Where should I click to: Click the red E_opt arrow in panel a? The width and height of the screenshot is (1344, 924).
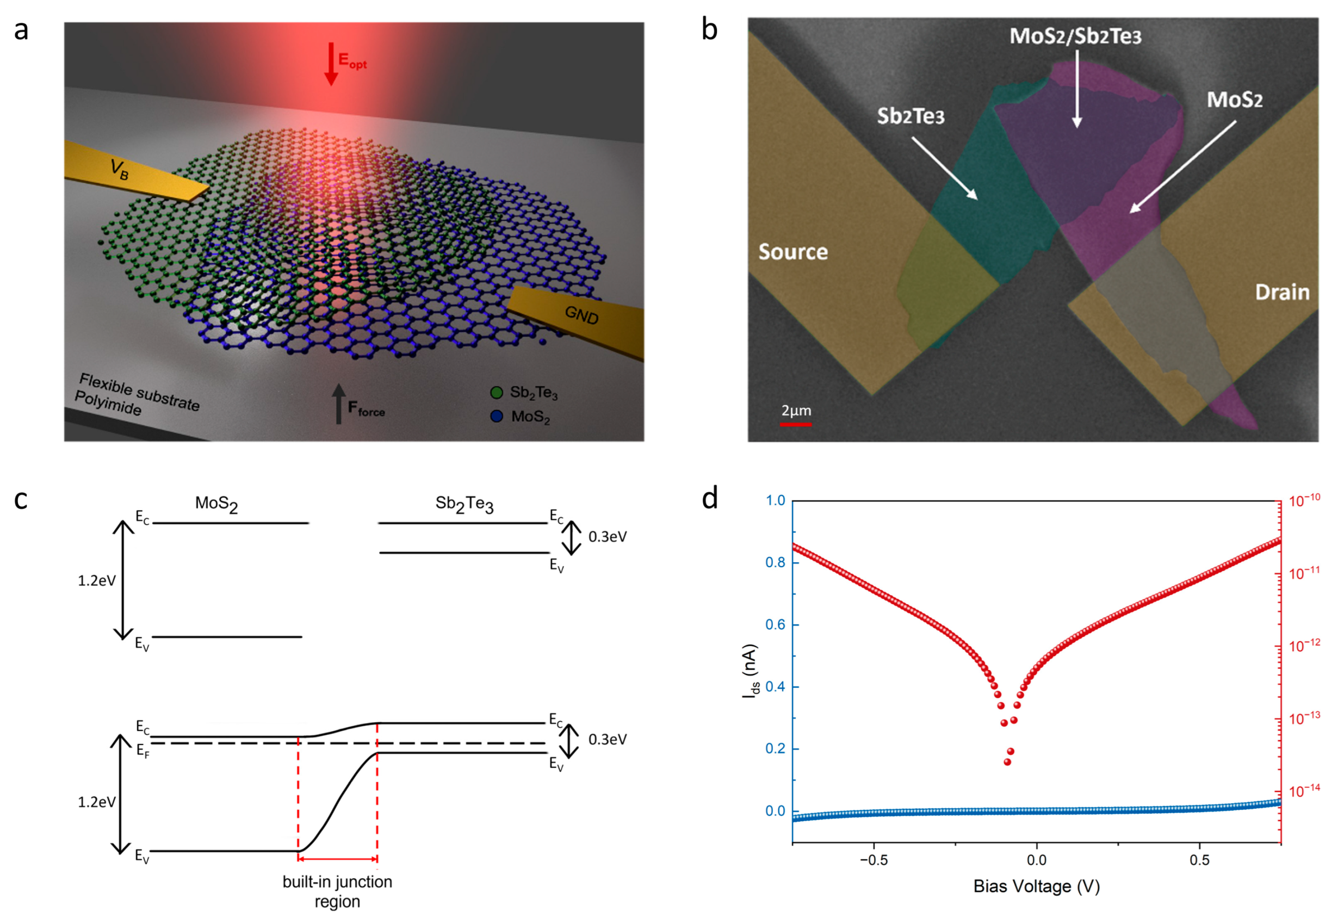pos(331,64)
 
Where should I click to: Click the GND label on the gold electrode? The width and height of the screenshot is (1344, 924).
pos(581,315)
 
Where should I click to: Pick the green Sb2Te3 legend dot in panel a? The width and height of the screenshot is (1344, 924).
pos(496,393)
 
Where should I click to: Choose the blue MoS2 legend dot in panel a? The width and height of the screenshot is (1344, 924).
pos(496,416)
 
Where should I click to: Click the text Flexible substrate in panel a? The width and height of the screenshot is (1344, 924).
pos(139,392)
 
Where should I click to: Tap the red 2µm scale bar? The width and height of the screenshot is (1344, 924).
pos(795,424)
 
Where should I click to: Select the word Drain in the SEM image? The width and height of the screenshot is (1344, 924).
pos(1281,293)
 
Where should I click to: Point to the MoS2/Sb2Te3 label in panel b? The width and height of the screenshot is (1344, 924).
pos(1075,36)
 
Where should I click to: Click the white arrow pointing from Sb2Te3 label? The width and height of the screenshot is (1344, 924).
pos(944,169)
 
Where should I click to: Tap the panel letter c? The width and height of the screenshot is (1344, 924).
pos(21,500)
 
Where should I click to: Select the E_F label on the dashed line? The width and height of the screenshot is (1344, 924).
pos(143,752)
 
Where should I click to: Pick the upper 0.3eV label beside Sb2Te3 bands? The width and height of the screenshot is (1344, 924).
pos(607,537)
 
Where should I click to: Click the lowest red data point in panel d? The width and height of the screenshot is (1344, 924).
pos(1007,762)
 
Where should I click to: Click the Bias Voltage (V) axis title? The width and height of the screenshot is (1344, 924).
pos(1036,887)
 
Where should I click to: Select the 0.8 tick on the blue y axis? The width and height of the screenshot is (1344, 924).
pos(776,563)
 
